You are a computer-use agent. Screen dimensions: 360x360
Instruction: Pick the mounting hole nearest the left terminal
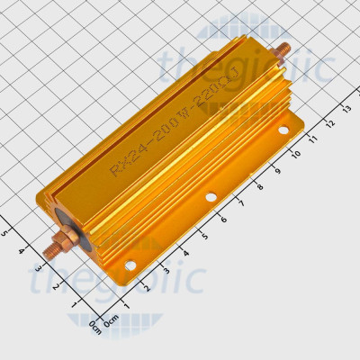tap(130, 265)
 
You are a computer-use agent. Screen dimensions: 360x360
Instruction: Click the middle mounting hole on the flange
tap(211, 196)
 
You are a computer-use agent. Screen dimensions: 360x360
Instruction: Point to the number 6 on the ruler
tap(223, 219)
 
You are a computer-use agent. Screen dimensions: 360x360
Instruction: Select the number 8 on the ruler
tap(261, 186)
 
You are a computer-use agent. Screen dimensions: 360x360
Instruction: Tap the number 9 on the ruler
tap(278, 171)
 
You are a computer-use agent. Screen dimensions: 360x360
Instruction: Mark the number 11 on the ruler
tap(313, 139)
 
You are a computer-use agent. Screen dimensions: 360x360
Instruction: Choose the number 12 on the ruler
tap(329, 123)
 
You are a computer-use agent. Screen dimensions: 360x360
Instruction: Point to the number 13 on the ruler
tap(346, 108)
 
